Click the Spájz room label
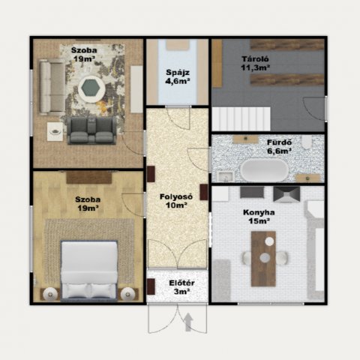point(178,73)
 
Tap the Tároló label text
point(255,59)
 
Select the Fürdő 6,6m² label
point(279,147)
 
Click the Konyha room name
point(259,212)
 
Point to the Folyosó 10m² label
point(176,201)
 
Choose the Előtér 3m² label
point(181,287)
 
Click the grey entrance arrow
point(188,322)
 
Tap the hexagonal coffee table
point(91,88)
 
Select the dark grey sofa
point(91,130)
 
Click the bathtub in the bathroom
point(265,170)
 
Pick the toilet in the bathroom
point(307,142)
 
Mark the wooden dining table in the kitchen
point(263,259)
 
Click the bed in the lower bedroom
point(89,271)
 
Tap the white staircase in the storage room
point(241,119)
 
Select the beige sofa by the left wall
point(52,87)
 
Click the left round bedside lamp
point(50,294)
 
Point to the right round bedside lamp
point(127,294)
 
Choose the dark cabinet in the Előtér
point(151,286)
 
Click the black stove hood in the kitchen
point(286,194)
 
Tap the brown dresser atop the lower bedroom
point(89,178)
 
